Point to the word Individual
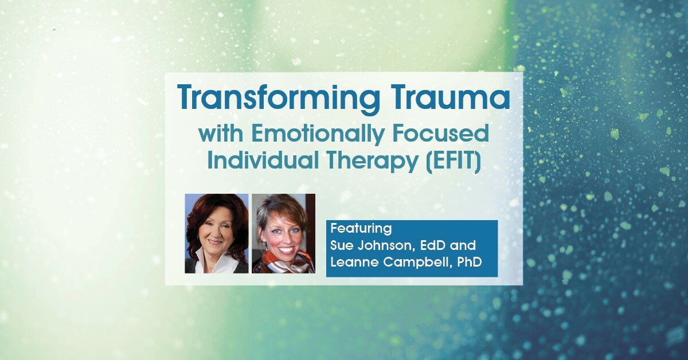260,161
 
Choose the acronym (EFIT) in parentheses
453,161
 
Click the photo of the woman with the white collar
216,233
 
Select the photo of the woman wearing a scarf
283,233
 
